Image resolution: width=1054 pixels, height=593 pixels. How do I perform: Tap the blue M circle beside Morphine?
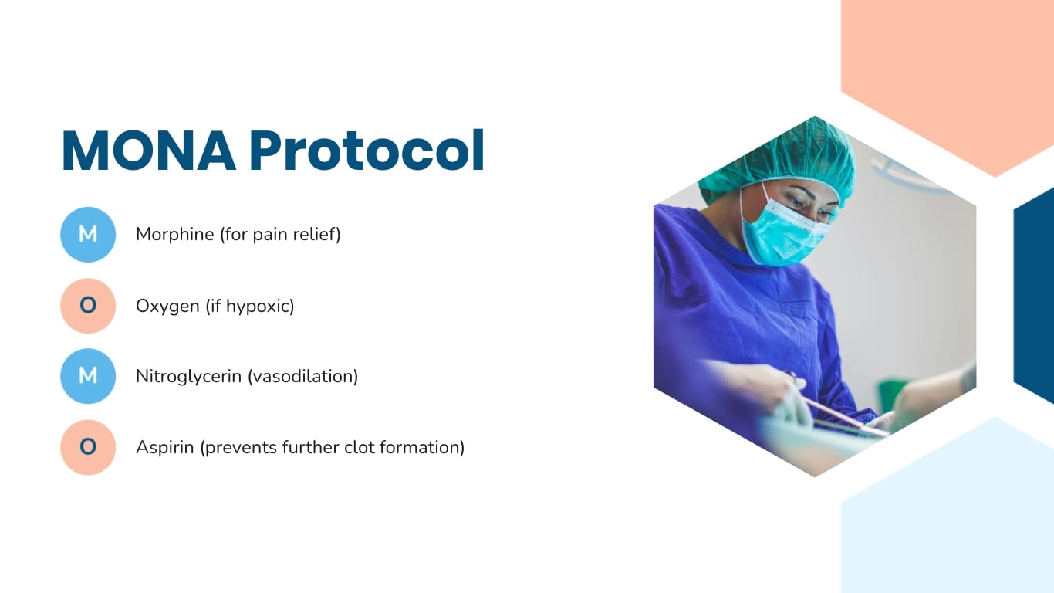tap(88, 234)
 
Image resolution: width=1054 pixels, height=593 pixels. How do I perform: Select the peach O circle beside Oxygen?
tap(88, 306)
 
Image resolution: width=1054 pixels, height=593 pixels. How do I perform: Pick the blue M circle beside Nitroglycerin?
tap(88, 376)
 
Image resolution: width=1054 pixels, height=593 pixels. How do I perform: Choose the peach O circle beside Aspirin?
tap(88, 447)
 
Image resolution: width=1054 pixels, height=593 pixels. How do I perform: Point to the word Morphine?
tap(174, 234)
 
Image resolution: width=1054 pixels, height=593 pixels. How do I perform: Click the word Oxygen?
tap(167, 307)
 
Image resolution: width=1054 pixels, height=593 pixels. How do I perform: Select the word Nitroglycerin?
tap(188, 377)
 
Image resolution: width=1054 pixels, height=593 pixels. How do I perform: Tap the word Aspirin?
tap(164, 448)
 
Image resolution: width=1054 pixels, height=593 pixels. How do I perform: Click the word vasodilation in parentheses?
tap(302, 377)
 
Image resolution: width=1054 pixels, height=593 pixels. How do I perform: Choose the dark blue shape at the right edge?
tap(1035, 293)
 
